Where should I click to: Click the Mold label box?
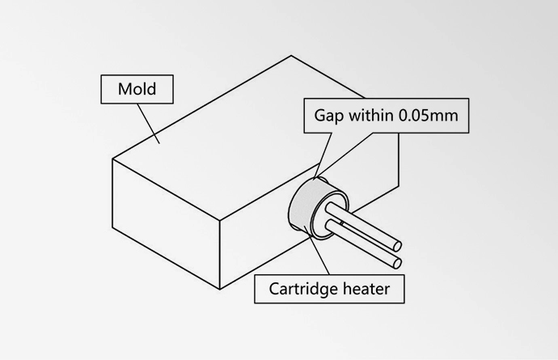click(x=137, y=88)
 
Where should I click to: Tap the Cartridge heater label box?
click(x=329, y=289)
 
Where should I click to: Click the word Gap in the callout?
click(x=329, y=115)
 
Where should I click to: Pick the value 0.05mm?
click(x=429, y=115)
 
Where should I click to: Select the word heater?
click(x=370, y=289)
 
